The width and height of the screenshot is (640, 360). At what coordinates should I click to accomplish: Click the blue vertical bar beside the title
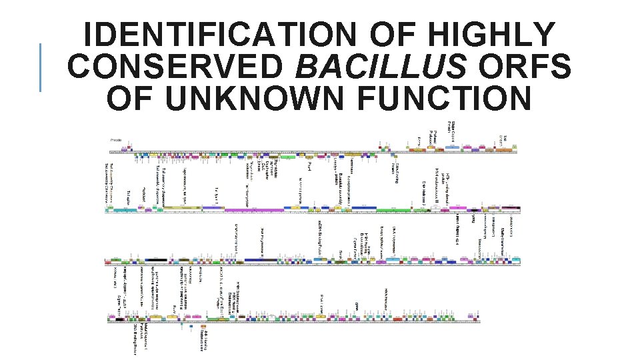pos(41,67)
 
